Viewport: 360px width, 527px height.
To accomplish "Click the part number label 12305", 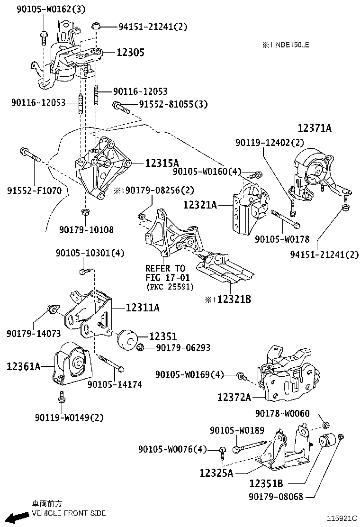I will point(131,52).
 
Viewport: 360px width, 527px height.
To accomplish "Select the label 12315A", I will point(162,163).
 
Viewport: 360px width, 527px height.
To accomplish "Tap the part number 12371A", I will point(315,128).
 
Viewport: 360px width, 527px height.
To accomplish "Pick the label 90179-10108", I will point(86,229).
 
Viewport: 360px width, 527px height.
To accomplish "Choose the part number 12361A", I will point(24,366).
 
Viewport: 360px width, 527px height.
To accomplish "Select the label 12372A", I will point(234,397).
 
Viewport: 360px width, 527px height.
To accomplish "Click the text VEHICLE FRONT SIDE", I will point(69,513).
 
